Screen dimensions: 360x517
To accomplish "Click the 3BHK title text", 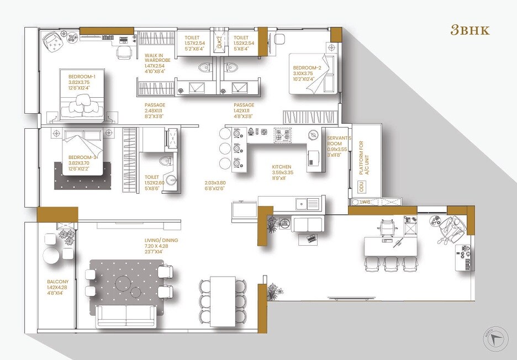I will pos(469,30).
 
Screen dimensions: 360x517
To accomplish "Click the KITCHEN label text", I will pos(282,166).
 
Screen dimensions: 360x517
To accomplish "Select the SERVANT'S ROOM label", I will pos(336,141).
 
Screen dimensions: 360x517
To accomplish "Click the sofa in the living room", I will pos(126,315).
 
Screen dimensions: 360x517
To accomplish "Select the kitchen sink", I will pos(308,204).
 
